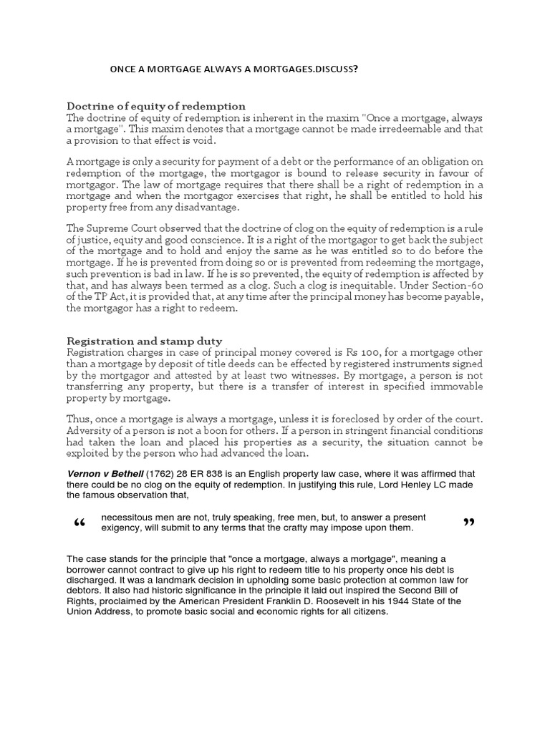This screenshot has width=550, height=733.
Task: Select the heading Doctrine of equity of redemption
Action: coord(156,105)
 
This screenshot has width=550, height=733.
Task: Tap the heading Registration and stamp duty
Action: coord(144,341)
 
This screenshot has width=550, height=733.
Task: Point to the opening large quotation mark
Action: coord(79,524)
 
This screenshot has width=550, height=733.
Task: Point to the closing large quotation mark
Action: coord(470,523)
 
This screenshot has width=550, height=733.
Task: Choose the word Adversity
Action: coord(90,430)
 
